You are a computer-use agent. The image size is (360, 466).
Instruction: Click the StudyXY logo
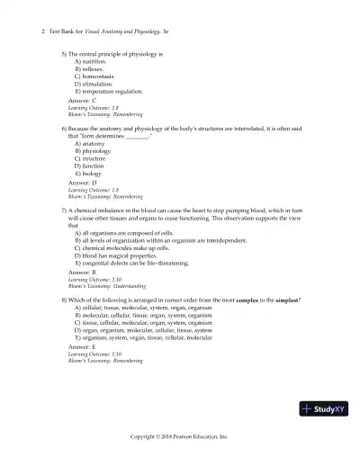tap(327, 409)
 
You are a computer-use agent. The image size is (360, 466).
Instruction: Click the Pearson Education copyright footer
tap(180, 435)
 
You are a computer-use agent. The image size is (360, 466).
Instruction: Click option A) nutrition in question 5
tap(91, 61)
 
